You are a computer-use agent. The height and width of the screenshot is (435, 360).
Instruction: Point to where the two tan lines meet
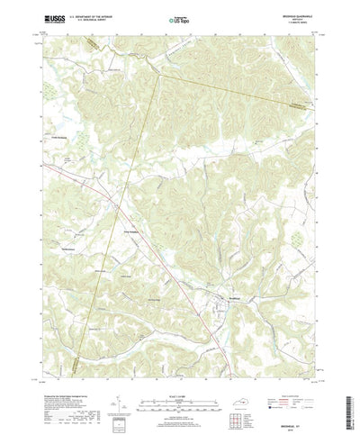tap(158, 73)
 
